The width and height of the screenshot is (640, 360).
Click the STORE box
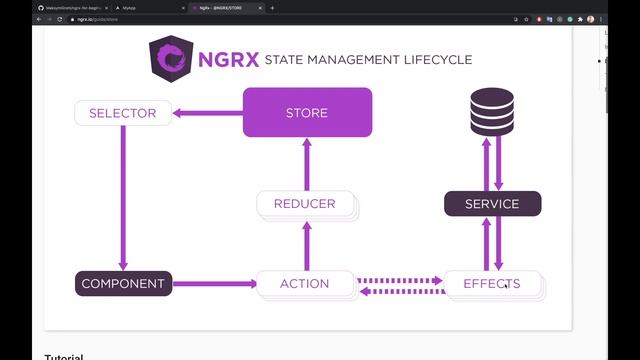tap(307, 112)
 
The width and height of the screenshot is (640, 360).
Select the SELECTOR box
tap(122, 113)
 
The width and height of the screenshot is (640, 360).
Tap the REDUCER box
tap(305, 204)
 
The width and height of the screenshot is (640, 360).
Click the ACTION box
tap(305, 283)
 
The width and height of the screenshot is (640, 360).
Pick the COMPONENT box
tap(123, 283)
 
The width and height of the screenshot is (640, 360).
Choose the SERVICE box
tap(492, 204)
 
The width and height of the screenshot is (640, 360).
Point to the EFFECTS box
tap(492, 283)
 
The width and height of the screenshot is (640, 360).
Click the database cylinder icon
tap(492, 111)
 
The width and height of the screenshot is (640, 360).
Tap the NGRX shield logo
tap(170, 58)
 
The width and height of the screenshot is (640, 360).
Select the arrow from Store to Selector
tap(208, 113)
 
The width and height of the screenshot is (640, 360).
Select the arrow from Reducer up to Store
tap(306, 163)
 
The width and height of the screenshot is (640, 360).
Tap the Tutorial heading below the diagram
tap(64, 355)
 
